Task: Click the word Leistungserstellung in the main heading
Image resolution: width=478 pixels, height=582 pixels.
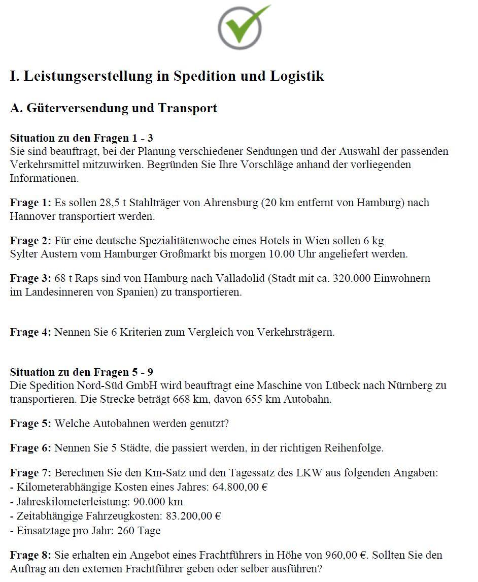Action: click(96, 76)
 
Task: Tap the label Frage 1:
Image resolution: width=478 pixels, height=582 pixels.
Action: click(30, 203)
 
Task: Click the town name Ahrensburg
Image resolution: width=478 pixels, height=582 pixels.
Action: click(231, 203)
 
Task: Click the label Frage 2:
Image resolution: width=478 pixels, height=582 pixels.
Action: click(30, 240)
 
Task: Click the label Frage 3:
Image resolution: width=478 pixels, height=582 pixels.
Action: click(30, 278)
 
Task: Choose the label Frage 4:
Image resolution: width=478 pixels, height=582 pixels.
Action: click(30, 332)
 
